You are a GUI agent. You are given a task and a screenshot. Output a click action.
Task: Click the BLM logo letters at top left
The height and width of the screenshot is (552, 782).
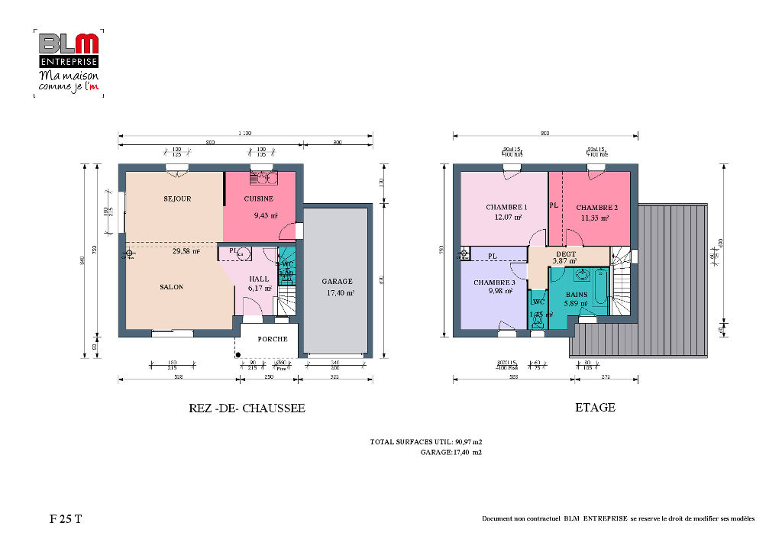(x=68, y=44)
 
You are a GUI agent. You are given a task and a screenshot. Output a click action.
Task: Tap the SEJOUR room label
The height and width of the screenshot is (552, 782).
(x=176, y=199)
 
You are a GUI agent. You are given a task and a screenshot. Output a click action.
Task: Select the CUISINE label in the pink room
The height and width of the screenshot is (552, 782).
(x=259, y=199)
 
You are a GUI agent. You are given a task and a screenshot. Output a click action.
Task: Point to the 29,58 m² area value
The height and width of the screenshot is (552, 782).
(x=186, y=251)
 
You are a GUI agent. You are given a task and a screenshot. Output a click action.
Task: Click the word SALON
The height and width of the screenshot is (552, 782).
(x=171, y=287)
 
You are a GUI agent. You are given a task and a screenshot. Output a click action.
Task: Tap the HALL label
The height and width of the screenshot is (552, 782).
(x=259, y=279)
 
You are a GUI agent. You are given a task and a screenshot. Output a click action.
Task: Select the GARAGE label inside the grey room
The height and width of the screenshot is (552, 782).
(x=337, y=281)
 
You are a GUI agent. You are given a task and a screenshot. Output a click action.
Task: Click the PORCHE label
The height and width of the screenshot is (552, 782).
(x=272, y=339)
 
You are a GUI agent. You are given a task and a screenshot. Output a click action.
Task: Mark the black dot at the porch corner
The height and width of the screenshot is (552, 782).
(x=238, y=353)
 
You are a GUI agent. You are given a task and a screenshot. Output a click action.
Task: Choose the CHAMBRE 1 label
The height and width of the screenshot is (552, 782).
(x=506, y=207)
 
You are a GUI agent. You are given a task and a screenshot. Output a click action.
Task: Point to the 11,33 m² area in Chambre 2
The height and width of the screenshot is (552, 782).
(x=594, y=218)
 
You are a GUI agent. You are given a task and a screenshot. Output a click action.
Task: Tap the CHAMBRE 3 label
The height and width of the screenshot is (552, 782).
(x=494, y=282)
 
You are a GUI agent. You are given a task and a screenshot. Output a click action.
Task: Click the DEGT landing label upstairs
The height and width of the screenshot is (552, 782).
(x=566, y=253)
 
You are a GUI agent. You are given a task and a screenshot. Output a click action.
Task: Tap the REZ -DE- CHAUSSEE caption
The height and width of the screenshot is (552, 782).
(x=247, y=408)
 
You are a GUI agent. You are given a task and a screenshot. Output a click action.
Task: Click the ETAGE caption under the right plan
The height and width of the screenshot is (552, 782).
(x=595, y=408)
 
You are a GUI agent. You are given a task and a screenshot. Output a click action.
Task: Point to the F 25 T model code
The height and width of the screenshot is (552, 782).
(x=66, y=519)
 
